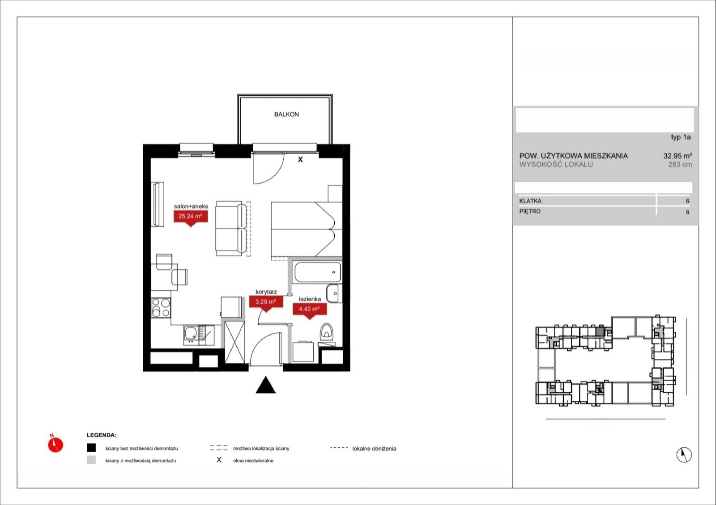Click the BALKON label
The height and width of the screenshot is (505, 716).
click(x=286, y=115)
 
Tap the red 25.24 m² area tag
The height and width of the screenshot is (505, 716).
click(x=191, y=217)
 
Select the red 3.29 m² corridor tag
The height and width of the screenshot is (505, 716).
click(x=266, y=303)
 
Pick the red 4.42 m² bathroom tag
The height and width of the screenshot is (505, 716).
click(x=309, y=310)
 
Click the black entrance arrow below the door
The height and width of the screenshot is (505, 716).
click(x=266, y=385)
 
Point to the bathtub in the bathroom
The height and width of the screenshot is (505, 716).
click(x=317, y=272)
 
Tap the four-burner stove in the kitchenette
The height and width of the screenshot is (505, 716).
click(x=161, y=307)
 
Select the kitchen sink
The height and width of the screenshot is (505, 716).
click(x=199, y=335)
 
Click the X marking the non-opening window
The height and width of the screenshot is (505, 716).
click(x=300, y=159)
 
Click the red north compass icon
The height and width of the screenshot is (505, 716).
click(x=55, y=444)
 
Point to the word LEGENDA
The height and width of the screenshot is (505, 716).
click(x=101, y=435)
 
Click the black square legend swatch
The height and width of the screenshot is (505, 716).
click(x=91, y=448)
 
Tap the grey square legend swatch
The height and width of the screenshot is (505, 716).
click(x=91, y=460)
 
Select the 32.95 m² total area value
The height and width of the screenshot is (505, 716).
click(x=678, y=156)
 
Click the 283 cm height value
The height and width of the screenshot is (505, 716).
click(x=680, y=165)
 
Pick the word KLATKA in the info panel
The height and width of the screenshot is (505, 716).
click(x=530, y=201)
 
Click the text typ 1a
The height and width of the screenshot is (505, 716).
click(x=681, y=137)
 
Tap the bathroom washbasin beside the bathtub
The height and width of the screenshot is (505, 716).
click(x=333, y=293)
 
